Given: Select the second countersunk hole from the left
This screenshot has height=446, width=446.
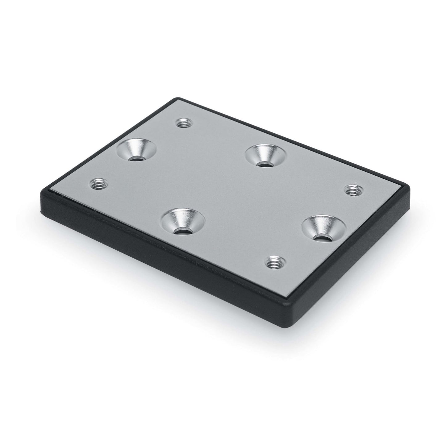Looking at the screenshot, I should point(183,221).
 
